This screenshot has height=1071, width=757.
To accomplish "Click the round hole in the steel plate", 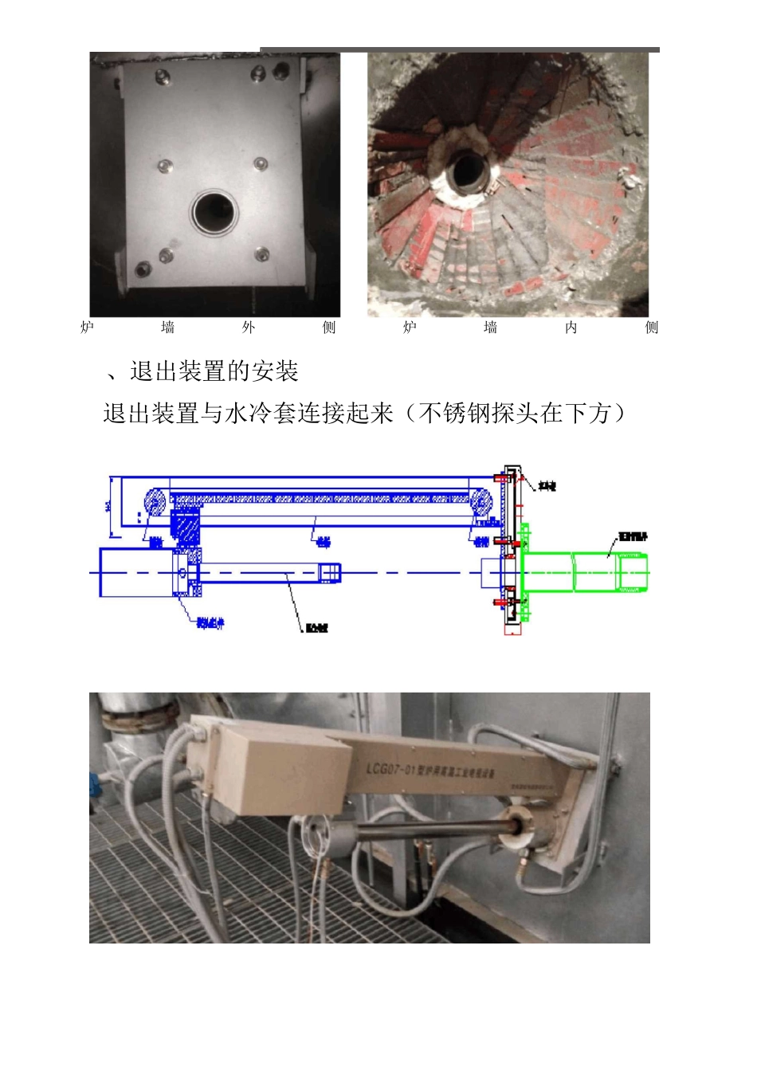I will (x=215, y=213).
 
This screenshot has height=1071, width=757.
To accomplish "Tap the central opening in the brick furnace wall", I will (x=468, y=170).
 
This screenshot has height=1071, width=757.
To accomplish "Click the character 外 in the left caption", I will (x=249, y=328).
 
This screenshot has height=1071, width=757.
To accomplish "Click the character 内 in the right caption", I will (x=571, y=328).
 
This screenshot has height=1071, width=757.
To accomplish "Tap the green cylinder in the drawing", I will (x=585, y=572).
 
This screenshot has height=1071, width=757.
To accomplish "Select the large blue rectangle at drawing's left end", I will (x=136, y=572).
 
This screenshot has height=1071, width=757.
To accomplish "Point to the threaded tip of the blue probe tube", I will (x=330, y=572).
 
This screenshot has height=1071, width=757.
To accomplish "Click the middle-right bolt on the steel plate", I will (x=260, y=163).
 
